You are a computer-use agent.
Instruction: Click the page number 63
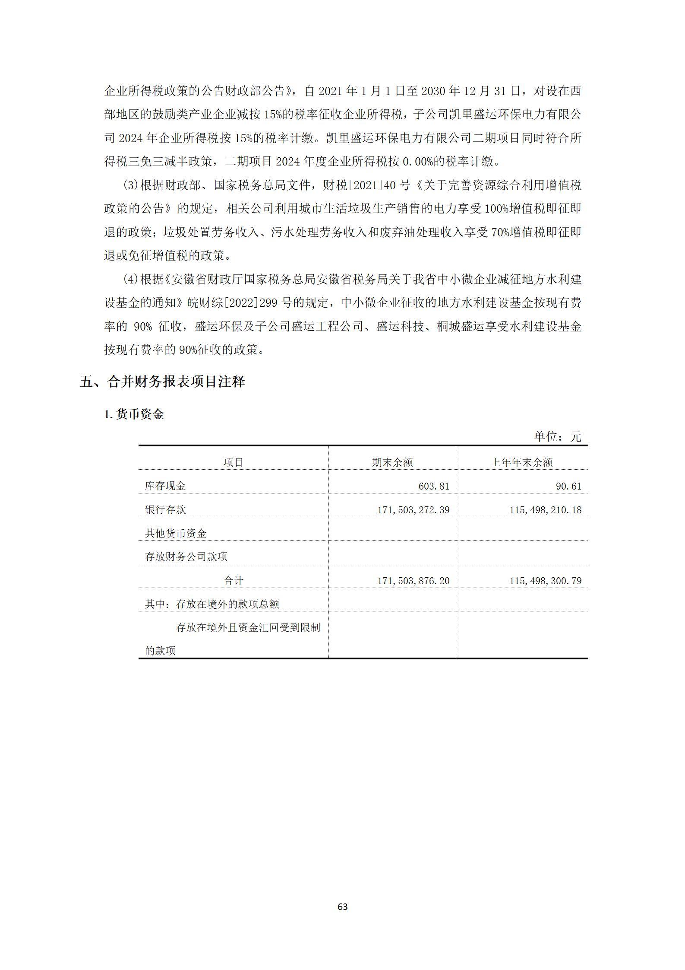[342, 906]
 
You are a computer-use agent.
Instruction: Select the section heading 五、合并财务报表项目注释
[162, 382]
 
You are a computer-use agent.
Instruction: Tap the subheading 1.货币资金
[134, 414]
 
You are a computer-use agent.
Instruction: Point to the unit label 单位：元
[558, 436]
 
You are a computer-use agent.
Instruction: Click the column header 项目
[233, 462]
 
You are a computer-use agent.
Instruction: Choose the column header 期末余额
[392, 462]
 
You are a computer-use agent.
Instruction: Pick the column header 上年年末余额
[522, 462]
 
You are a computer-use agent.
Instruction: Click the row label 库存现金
[165, 486]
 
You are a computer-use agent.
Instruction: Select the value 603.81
[434, 486]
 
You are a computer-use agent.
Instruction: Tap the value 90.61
[568, 486]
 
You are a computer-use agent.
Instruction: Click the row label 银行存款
[165, 510]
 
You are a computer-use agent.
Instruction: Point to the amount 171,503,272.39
[413, 510]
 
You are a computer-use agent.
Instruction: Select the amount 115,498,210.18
[545, 510]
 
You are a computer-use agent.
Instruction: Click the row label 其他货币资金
[176, 534]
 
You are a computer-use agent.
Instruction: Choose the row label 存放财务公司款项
[186, 557]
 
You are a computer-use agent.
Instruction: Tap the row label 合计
[233, 581]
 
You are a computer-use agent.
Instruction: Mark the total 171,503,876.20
[413, 581]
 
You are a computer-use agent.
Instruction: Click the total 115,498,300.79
[545, 581]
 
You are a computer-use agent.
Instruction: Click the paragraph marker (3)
[130, 185]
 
